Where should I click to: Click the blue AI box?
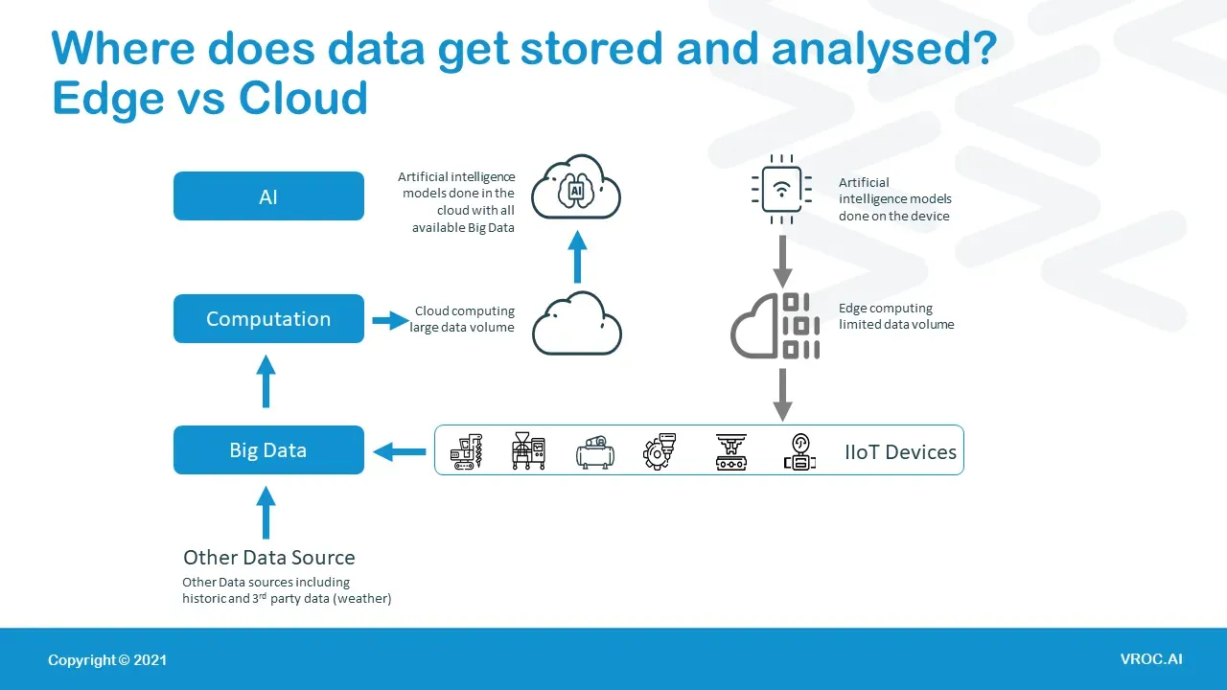[268, 196]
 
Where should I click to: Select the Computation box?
[268, 319]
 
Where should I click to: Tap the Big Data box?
[268, 449]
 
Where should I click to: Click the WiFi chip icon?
[781, 190]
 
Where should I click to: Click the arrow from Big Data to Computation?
[266, 381]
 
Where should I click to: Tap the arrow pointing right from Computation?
[390, 320]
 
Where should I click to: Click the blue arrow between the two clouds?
[577, 256]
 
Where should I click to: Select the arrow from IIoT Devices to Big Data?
[400, 451]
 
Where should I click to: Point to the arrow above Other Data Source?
[266, 513]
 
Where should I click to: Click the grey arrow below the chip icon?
[783, 262]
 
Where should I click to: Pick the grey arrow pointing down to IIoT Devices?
[783, 395]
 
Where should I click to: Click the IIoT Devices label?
[900, 451]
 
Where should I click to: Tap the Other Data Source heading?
[269, 557]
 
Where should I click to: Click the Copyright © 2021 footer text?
[107, 660]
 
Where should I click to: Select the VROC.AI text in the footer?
[1151, 658]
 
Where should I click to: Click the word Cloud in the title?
[303, 98]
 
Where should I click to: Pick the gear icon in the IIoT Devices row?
[659, 451]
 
